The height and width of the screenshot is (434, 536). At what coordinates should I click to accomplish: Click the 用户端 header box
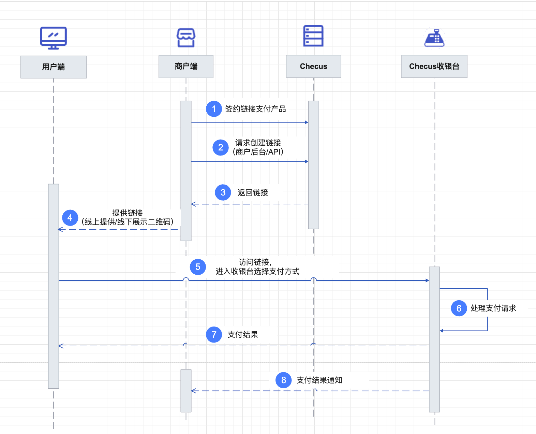tap(53, 67)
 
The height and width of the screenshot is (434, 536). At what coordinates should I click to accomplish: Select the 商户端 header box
tap(186, 67)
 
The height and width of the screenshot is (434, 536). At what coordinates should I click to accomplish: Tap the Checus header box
tap(314, 67)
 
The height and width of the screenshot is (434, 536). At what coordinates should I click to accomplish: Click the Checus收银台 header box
tap(434, 67)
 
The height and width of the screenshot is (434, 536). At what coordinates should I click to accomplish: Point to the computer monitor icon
tap(53, 38)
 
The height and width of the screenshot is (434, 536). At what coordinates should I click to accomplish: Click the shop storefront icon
tap(186, 38)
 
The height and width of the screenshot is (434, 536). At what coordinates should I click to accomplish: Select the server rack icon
tap(313, 36)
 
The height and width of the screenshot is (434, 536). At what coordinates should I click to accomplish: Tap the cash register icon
tap(434, 38)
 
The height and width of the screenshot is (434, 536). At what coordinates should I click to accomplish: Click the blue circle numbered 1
tap(214, 109)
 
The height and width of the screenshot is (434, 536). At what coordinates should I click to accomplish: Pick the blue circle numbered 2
tap(221, 147)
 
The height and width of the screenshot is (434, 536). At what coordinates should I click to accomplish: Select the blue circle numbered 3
tap(223, 192)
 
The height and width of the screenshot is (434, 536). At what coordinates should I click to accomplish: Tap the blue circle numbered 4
tap(70, 218)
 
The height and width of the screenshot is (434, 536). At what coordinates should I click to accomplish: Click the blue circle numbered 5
tap(198, 267)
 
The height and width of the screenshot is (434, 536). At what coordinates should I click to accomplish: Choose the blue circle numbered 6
tap(459, 308)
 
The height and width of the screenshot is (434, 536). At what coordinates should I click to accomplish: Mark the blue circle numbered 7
tap(214, 335)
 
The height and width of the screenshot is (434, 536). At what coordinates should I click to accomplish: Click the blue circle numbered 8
tap(284, 380)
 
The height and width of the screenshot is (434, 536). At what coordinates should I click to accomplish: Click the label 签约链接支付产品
tap(255, 109)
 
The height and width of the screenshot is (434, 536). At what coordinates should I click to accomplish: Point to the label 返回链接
tap(253, 192)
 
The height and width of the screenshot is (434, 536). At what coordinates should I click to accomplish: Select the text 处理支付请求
tap(493, 308)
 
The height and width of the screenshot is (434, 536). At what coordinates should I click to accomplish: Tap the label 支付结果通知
tap(319, 380)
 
